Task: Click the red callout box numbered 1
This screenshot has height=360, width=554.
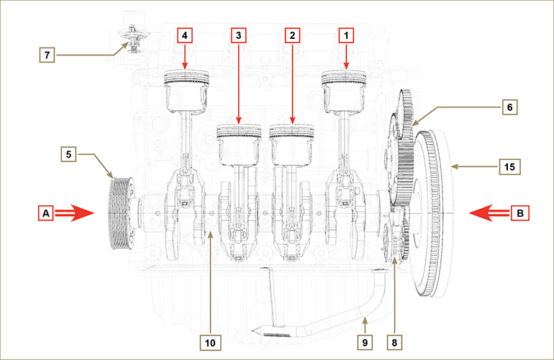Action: pos(347,34)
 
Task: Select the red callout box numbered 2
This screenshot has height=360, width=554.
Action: pos(292,34)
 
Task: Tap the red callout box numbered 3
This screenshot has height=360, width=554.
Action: pos(239,34)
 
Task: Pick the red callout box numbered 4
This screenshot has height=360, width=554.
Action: pos(185,34)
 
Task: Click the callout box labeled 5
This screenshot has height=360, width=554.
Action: pos(68,153)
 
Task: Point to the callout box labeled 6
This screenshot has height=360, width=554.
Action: pos(509,106)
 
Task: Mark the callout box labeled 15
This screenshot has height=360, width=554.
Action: pos(509,166)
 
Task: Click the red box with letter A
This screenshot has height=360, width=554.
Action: pos(46,212)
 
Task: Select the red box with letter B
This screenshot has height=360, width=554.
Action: pos(519,212)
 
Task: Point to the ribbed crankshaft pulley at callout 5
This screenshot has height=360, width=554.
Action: pos(117,212)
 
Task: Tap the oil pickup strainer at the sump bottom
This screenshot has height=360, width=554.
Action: pos(274,332)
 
